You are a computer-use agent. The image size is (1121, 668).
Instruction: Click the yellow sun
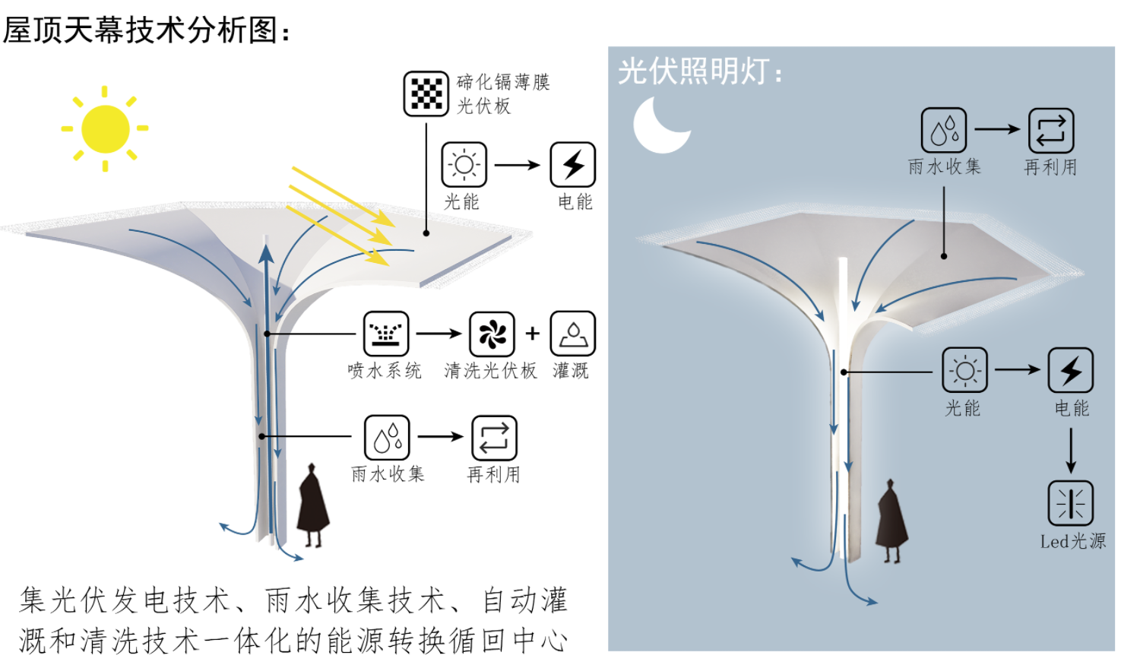(105, 128)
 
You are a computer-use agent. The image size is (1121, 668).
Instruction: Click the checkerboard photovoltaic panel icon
(426, 93)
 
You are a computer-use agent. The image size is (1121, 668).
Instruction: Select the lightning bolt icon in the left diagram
(572, 164)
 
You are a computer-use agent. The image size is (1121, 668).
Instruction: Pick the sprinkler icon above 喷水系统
(386, 334)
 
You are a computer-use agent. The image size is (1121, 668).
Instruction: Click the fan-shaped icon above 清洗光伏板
(492, 334)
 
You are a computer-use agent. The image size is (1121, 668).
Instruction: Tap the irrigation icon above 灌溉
(572, 334)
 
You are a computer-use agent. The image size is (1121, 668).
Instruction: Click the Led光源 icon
(1070, 503)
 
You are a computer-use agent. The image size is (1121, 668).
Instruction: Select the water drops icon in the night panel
(943, 130)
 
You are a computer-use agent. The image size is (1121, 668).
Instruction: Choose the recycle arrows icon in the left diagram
(494, 438)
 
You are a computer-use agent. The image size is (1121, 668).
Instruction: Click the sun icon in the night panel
(964, 370)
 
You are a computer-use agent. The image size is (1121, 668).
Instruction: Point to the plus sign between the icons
(533, 333)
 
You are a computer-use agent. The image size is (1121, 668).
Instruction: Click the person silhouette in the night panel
(891, 521)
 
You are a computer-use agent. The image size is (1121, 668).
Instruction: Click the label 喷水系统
(385, 371)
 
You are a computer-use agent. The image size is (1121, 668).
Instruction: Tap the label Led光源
(1072, 541)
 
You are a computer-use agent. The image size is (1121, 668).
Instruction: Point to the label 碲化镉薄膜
(503, 82)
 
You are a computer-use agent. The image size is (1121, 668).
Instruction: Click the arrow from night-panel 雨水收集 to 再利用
(996, 129)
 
